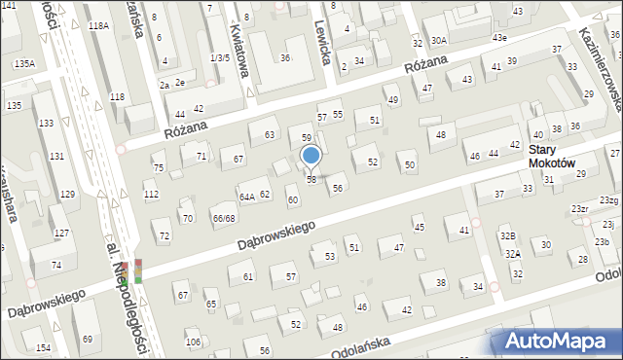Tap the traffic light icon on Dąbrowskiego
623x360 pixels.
[x=138, y=271]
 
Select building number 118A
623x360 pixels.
[x=98, y=26]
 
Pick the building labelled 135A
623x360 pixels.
[x=24, y=63]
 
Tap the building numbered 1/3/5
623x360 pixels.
[x=219, y=57]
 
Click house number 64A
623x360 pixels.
[x=247, y=197]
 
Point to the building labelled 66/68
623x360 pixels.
[x=224, y=218]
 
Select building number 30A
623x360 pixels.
[x=439, y=40]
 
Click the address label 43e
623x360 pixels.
[x=499, y=37]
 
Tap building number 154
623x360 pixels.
[x=43, y=347]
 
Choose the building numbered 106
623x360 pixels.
[x=193, y=342]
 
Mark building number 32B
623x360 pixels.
[x=507, y=235]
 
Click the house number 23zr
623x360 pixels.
[x=580, y=209]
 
